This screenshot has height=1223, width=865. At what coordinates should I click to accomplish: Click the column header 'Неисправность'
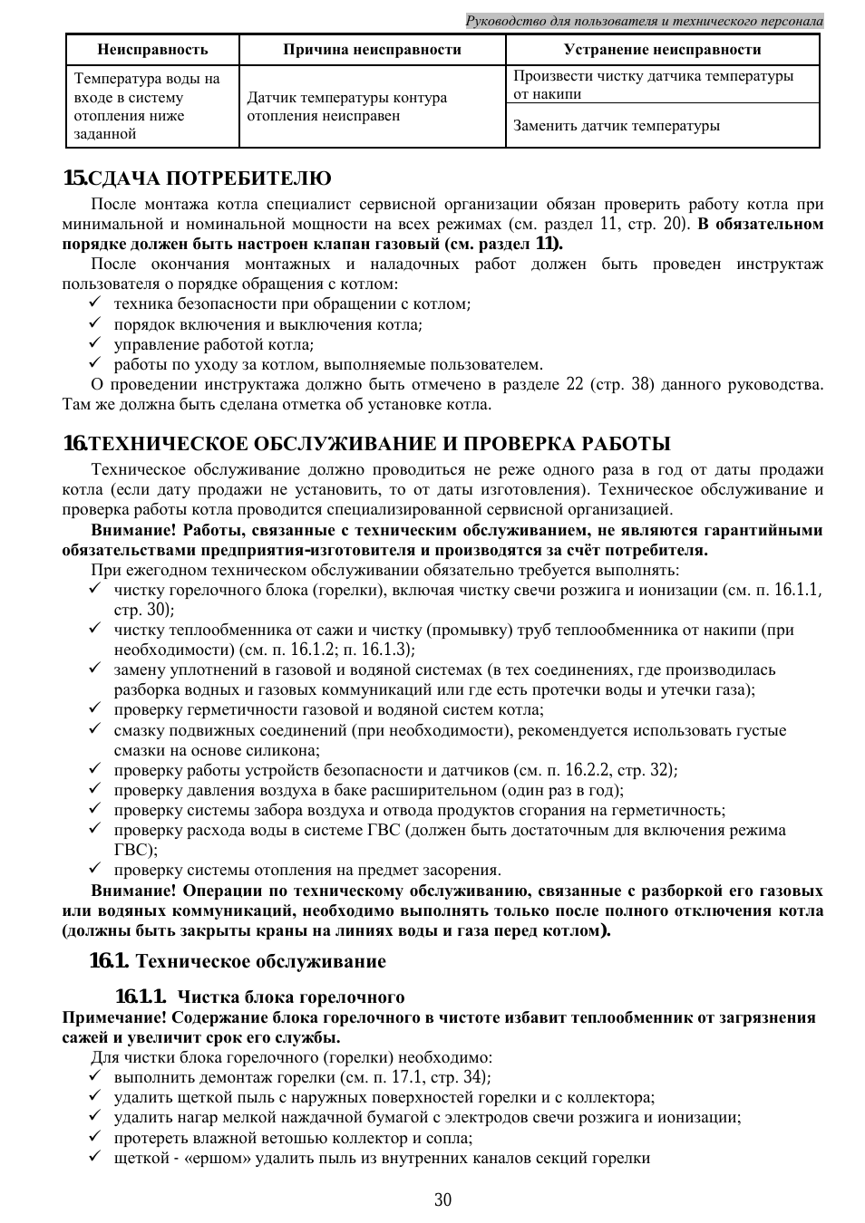click(152, 50)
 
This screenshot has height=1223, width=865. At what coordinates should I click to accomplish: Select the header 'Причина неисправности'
click(372, 50)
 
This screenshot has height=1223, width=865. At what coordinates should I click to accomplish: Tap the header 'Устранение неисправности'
click(662, 50)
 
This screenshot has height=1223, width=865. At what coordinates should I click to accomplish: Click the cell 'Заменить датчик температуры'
click(617, 126)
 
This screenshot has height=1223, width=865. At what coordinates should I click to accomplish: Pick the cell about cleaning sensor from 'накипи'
click(653, 84)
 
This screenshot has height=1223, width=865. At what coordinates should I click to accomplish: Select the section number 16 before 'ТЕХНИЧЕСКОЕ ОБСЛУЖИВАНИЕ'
click(74, 444)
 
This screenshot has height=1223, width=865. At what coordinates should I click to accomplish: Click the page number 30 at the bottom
click(442, 1200)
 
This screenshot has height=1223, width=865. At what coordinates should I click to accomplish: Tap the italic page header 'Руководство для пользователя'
click(644, 20)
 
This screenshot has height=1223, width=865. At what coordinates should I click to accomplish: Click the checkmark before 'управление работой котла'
click(94, 344)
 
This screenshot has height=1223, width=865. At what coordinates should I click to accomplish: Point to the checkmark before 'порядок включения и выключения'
click(94, 324)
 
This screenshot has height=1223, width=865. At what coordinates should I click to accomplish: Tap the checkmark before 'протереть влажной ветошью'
click(94, 1138)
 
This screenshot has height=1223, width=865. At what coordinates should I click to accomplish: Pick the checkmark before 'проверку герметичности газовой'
click(94, 709)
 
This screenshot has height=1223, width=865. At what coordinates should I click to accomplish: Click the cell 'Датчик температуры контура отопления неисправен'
click(347, 107)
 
